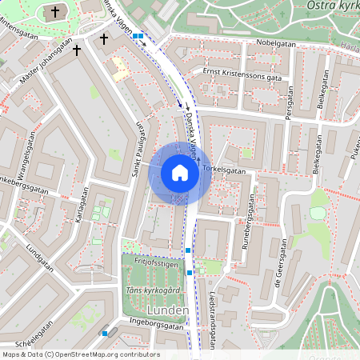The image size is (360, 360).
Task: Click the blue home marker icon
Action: [x=180, y=173]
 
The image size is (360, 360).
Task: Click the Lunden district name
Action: [x=167, y=310]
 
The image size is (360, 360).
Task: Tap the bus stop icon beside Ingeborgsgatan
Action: [x=105, y=333]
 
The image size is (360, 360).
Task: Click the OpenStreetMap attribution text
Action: [x=80, y=354]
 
